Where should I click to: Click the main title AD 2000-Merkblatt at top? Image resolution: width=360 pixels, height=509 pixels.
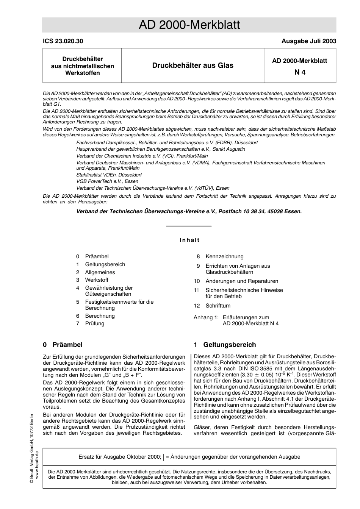(x=189, y=25)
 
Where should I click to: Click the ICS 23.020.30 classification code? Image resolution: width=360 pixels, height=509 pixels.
(x=63, y=41)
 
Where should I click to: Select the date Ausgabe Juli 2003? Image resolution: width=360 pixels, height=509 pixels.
(x=308, y=41)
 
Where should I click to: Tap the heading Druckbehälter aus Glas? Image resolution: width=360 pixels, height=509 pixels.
(x=193, y=66)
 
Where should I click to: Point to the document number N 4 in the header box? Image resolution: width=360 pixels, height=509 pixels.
(x=300, y=72)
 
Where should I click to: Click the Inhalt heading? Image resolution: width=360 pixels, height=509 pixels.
(x=189, y=240)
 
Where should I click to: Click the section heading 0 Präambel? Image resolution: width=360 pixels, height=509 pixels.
(x=63, y=345)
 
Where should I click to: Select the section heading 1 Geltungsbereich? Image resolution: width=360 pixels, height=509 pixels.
(x=225, y=345)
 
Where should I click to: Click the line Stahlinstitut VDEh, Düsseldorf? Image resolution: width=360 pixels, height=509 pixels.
(x=109, y=175)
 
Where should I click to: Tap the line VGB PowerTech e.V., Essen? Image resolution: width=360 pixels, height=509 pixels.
(x=107, y=181)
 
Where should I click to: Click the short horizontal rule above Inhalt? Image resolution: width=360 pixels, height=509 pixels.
(x=189, y=226)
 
